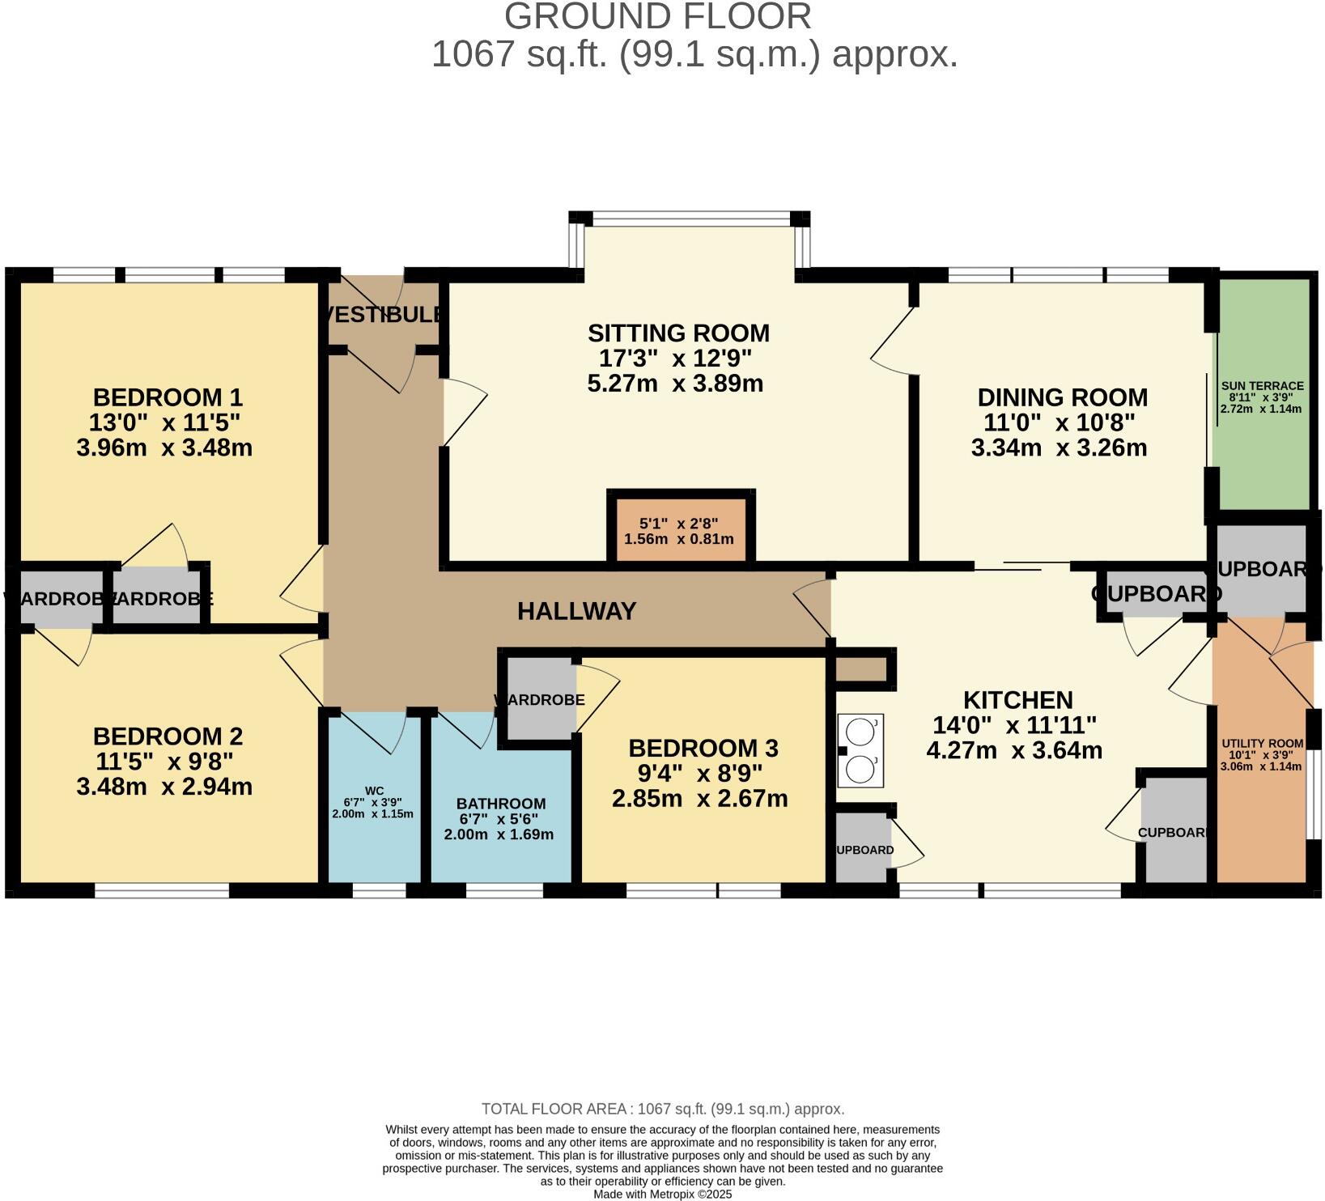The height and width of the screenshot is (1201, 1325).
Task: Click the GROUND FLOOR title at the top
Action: (657, 16)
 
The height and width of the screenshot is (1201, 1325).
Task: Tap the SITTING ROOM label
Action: (678, 333)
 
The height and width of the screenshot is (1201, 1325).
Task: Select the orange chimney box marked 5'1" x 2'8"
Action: (680, 530)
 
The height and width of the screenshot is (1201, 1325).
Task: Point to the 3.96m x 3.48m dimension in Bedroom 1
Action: (164, 448)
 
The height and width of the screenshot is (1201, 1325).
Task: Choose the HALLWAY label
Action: (576, 611)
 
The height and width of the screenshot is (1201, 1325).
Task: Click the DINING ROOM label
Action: (1062, 397)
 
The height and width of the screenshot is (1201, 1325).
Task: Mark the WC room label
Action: (374, 791)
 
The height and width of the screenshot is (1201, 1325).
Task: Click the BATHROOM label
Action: (501, 804)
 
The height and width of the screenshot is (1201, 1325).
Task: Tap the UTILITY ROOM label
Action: (1262, 744)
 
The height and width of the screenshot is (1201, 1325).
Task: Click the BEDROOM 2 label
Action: (168, 736)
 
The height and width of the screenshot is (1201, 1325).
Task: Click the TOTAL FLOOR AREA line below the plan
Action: (662, 1109)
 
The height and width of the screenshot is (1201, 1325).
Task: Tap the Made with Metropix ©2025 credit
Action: (662, 1194)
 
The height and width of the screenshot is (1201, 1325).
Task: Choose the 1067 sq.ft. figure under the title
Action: (518, 55)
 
